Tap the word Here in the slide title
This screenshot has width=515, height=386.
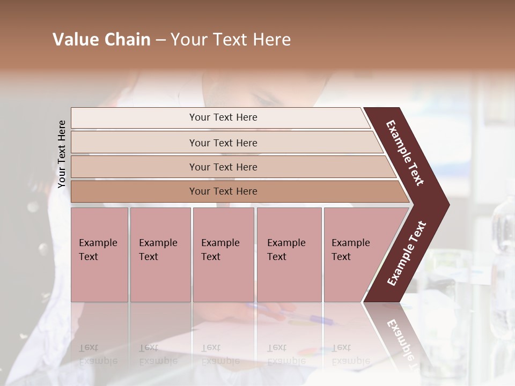[271, 40]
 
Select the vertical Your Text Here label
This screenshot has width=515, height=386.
[62, 154]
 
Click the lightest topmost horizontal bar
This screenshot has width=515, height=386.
[223, 117]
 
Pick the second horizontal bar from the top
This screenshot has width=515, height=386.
[223, 143]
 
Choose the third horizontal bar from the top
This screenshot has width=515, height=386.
[223, 167]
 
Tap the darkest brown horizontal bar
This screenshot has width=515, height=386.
[223, 191]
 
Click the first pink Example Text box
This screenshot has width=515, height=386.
[99, 255]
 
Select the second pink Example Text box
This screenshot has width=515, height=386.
[160, 255]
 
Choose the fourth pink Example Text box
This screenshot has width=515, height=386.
[289, 255]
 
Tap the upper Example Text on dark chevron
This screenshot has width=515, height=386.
[405, 153]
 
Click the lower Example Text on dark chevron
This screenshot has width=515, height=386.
[407, 254]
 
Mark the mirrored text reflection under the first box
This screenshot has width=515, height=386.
[98, 354]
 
